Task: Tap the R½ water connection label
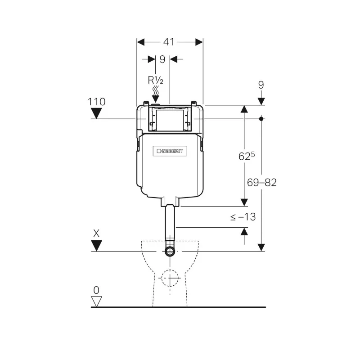point(155,80)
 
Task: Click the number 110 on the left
point(97,102)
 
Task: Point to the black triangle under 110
point(97,114)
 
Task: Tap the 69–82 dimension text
point(261,182)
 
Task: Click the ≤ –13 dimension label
point(243,217)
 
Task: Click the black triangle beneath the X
point(96,246)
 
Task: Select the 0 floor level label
point(96,290)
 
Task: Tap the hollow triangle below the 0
point(96,301)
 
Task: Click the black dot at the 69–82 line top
point(261,119)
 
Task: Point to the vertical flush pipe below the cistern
point(170,225)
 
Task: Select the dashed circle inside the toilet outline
point(170,278)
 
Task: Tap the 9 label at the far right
point(261,85)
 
